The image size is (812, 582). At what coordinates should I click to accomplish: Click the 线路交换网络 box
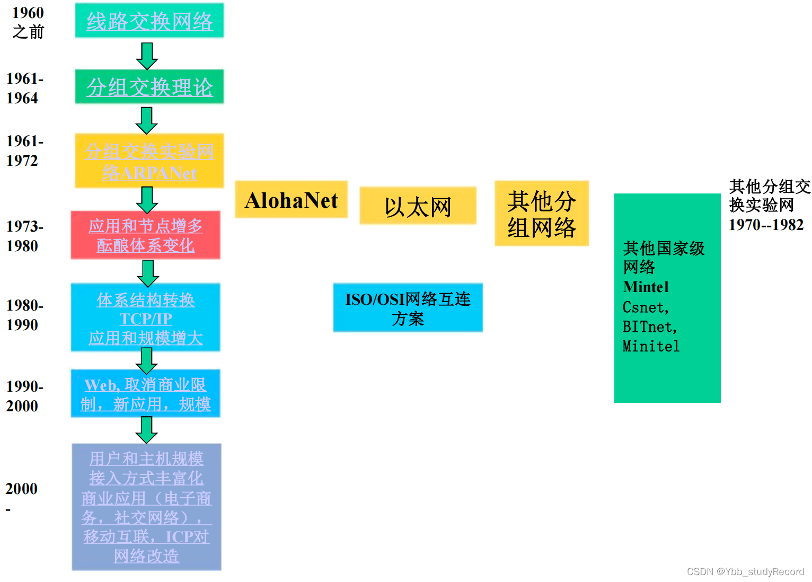click(149, 21)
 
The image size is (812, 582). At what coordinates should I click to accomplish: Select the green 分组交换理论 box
click(149, 87)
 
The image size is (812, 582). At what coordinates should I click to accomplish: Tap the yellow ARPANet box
click(149, 161)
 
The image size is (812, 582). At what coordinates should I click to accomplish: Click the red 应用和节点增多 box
click(145, 235)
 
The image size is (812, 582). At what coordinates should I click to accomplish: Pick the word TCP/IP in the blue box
click(146, 319)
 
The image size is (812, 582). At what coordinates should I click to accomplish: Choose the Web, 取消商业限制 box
click(145, 394)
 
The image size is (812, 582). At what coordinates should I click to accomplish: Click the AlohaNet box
click(291, 200)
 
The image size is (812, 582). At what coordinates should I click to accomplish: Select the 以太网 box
click(418, 206)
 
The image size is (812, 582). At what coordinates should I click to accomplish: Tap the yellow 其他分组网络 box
click(541, 214)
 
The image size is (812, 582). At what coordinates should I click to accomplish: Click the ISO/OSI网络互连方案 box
click(408, 308)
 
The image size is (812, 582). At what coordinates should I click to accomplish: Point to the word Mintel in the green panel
click(646, 287)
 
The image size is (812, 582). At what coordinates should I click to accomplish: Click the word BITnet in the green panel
click(649, 327)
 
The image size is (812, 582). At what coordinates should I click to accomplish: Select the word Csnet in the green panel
click(645, 307)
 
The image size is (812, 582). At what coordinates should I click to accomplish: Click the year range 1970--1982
click(766, 225)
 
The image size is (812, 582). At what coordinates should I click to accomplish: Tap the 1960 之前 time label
click(28, 22)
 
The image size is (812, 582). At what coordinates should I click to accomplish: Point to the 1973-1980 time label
click(24, 236)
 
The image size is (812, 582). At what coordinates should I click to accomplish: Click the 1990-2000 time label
click(24, 396)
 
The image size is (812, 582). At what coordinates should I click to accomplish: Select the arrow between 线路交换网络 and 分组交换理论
click(147, 56)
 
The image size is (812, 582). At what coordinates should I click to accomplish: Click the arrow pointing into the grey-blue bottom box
click(146, 429)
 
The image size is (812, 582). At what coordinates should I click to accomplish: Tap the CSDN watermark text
click(745, 571)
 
